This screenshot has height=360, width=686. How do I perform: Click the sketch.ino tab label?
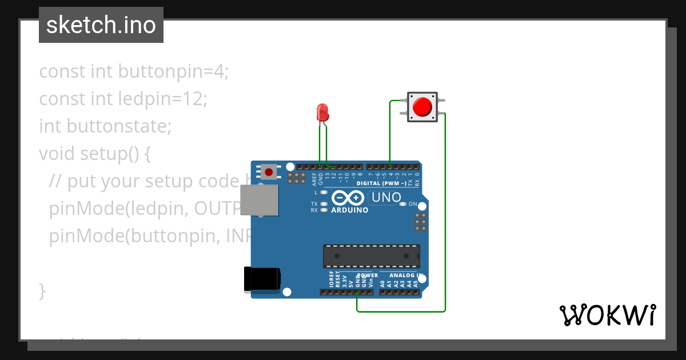click(x=101, y=25)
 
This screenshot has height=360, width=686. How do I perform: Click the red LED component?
click(x=322, y=111)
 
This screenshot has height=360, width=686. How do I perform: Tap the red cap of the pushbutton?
click(x=422, y=107)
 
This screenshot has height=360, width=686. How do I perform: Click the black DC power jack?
click(x=262, y=278)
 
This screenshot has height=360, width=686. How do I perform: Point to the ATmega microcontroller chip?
click(x=371, y=256)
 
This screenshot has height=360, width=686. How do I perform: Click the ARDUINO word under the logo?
click(x=349, y=210)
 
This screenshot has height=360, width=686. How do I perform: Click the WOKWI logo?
click(x=607, y=315)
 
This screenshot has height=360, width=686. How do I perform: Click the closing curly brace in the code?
click(x=42, y=290)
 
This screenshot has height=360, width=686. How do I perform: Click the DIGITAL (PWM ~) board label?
click(x=381, y=183)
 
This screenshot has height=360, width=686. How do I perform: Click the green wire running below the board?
click(x=400, y=311)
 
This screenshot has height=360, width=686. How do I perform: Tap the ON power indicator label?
click(x=413, y=204)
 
